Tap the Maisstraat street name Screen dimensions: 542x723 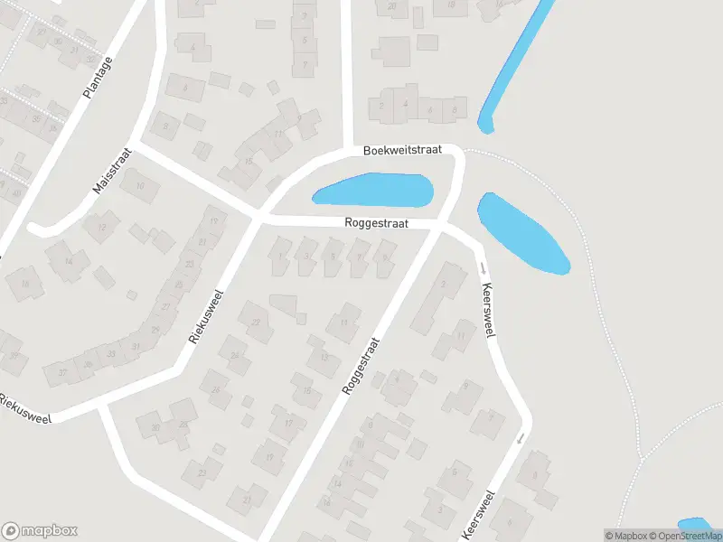(x=112, y=171)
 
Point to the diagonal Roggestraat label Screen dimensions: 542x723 (x=361, y=366)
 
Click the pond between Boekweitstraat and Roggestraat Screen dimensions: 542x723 (x=372, y=191)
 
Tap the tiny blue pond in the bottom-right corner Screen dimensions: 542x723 (x=694, y=526)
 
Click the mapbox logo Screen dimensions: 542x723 (x=40, y=531)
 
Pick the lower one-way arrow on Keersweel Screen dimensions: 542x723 (x=521, y=439)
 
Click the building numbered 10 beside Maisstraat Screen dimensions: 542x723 (x=140, y=188)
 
